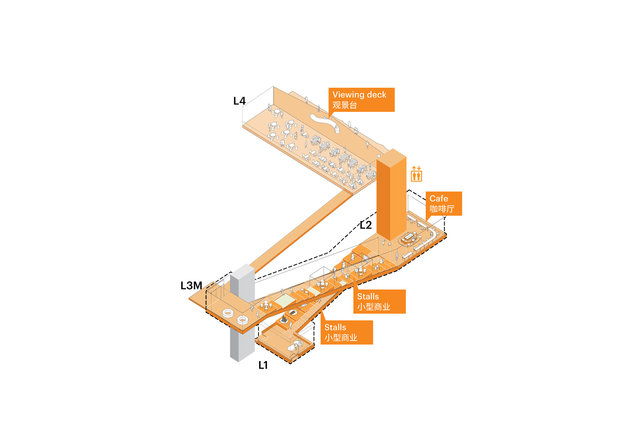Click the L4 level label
pyautogui.click(x=239, y=101)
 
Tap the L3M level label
pyautogui.click(x=191, y=285)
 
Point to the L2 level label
pyautogui.click(x=365, y=225)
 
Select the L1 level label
pyautogui.click(x=263, y=365)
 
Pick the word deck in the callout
pyautogui.click(x=377, y=95)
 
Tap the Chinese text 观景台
pyautogui.click(x=345, y=105)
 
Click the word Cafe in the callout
pyautogui.click(x=439, y=198)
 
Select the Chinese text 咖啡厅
pyautogui.click(x=442, y=209)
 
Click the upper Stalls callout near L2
pyautogui.click(x=380, y=301)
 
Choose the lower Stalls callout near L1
pyautogui.click(x=347, y=332)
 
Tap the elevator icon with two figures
pyautogui.click(x=416, y=174)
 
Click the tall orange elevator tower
pyautogui.click(x=391, y=195)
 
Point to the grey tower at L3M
pyautogui.click(x=242, y=313)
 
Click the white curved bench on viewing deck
pyautogui.click(x=325, y=123)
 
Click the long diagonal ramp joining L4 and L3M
pyautogui.click(x=300, y=232)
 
